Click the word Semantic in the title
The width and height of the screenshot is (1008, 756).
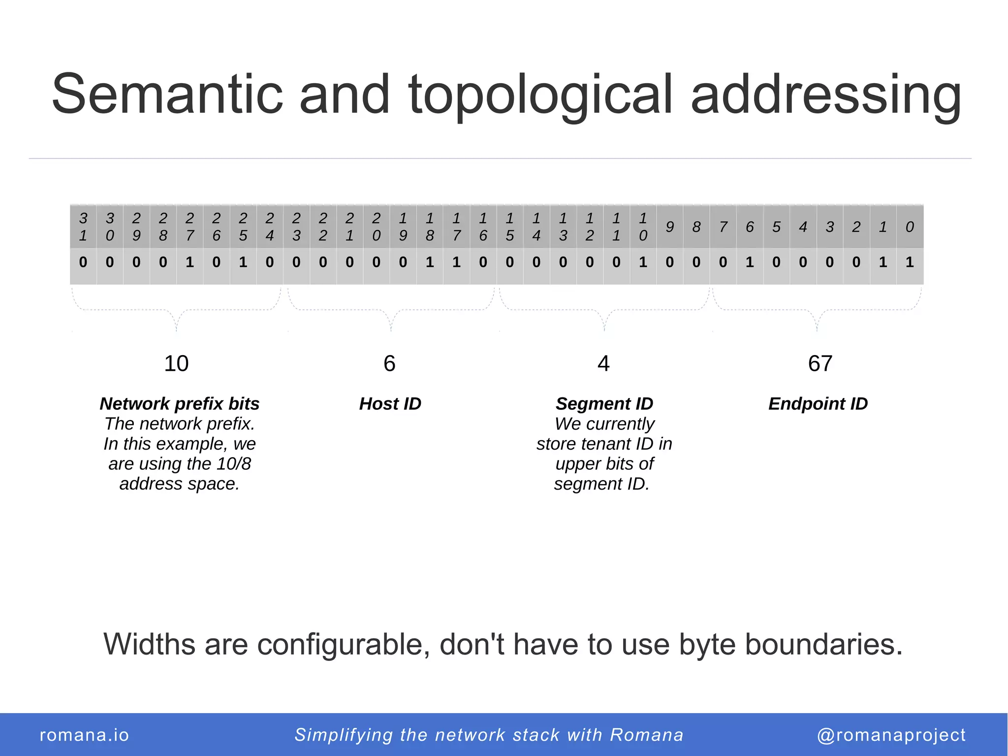click(x=167, y=94)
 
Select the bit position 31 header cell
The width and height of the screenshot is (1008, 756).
click(x=83, y=227)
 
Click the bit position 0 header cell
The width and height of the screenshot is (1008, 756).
click(x=910, y=227)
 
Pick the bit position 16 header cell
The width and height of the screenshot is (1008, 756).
click(x=483, y=227)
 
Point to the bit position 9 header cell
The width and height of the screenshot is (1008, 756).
click(x=669, y=227)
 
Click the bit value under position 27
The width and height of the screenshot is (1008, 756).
click(x=190, y=262)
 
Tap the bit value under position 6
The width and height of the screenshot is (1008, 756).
click(x=750, y=262)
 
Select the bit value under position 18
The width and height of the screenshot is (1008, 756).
click(x=430, y=262)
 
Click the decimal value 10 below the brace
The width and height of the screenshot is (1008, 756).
click(x=176, y=363)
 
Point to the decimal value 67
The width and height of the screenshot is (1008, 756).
click(x=820, y=363)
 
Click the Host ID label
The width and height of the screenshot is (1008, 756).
click(x=390, y=404)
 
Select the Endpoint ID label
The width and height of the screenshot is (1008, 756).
click(x=818, y=404)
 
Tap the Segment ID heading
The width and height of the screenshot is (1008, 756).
click(x=604, y=404)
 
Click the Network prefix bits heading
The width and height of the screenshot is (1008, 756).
click(x=180, y=404)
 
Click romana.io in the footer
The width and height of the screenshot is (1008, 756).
click(x=84, y=735)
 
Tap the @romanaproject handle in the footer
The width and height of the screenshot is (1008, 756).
click(x=891, y=735)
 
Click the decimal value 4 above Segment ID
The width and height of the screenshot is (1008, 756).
click(x=603, y=363)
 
